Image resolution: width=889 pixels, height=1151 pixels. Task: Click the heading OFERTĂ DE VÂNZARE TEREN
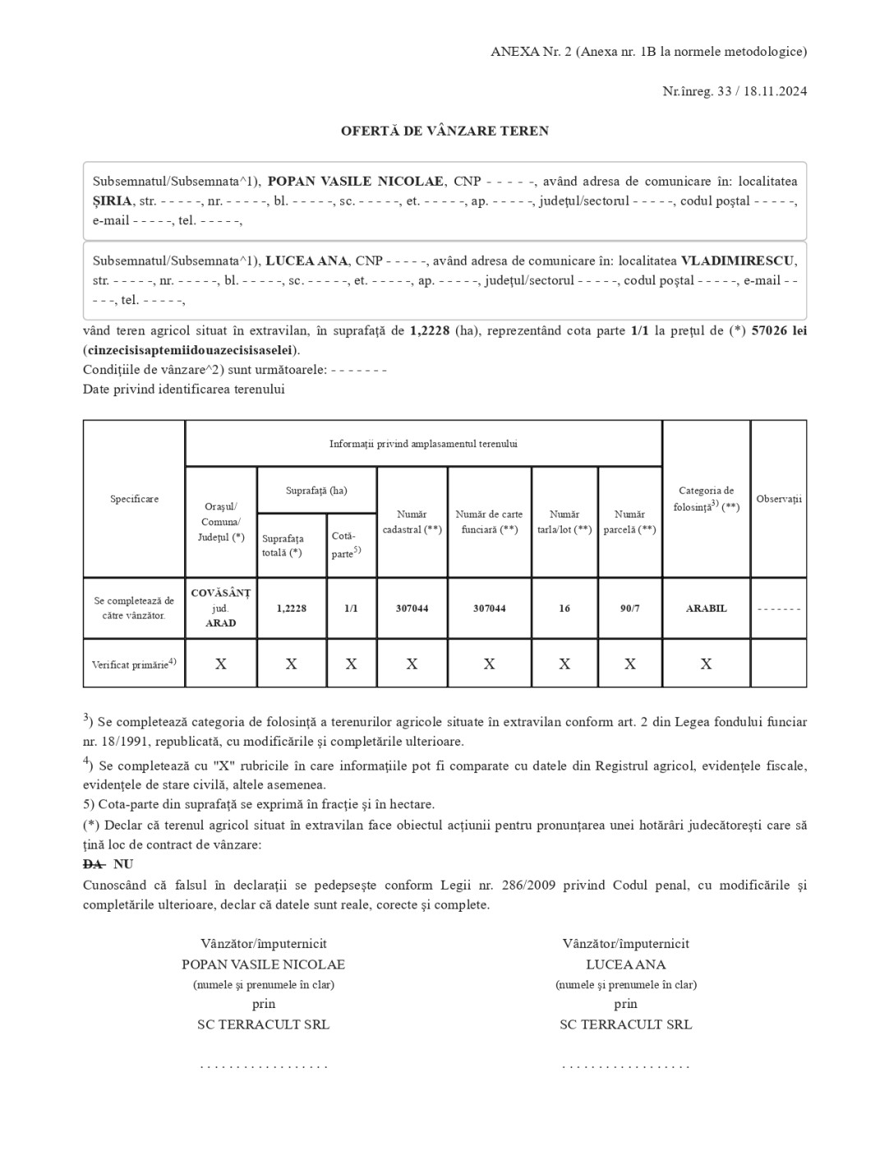tap(444, 131)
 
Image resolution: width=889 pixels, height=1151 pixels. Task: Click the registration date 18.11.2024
tap(776, 91)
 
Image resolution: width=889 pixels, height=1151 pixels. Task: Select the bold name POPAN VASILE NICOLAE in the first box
tap(356, 181)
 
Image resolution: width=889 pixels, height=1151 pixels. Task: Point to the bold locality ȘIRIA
tap(112, 201)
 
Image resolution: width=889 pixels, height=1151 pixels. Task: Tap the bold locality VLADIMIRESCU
tap(737, 261)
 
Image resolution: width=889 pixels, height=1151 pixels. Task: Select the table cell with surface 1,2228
tap(292, 608)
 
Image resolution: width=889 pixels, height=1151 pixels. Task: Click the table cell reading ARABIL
tap(706, 608)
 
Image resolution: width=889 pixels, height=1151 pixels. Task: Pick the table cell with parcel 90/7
tap(629, 608)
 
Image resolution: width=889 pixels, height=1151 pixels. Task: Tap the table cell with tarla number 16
tap(564, 608)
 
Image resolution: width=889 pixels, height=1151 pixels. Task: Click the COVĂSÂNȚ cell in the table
tap(220, 594)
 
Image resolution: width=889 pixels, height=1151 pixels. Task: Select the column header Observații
tap(778, 499)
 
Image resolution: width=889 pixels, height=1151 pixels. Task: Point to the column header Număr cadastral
tap(412, 522)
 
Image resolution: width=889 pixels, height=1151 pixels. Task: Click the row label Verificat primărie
tap(134, 663)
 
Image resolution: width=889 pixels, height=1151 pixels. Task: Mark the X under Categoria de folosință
tap(706, 663)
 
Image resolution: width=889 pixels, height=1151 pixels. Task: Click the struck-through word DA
tap(94, 864)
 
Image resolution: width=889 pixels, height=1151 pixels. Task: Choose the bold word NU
tap(123, 864)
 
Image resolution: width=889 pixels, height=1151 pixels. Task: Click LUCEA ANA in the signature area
tap(625, 964)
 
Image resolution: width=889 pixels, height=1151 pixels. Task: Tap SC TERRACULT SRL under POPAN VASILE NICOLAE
tap(263, 1024)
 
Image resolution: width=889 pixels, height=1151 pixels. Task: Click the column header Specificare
tap(134, 499)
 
